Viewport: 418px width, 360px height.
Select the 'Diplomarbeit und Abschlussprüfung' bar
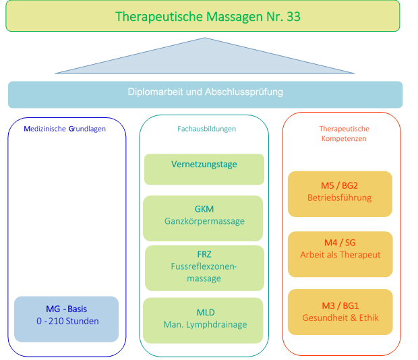205,94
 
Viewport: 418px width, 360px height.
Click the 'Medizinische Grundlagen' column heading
65,129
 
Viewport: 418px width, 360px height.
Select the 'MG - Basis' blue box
66,319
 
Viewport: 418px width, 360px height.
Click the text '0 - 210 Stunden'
67,322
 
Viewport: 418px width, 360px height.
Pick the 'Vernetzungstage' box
204,169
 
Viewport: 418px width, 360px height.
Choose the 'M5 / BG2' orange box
340,193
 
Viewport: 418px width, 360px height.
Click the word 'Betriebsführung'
340,198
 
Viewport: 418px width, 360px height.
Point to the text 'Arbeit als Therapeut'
340,256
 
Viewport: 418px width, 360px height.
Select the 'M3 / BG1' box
340,312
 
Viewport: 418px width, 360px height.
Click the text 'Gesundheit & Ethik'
340,318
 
